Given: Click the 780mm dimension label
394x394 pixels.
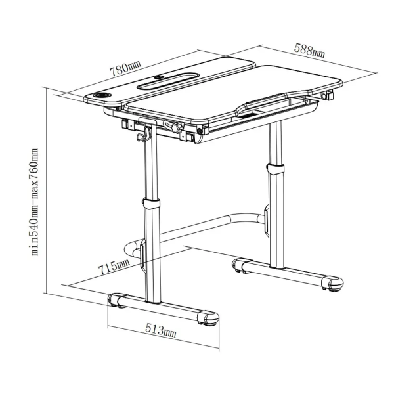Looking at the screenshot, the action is click(125, 68).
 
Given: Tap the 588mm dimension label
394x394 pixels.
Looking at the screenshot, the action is click(309, 51).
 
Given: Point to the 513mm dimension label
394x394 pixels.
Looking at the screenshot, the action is click(161, 330).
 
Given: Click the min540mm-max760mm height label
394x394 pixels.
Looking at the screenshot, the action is click(34, 202).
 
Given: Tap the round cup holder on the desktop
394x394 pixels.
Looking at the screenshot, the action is click(102, 95).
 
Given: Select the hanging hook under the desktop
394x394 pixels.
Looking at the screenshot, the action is click(144, 135).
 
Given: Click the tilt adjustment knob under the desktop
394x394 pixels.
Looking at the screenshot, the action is click(177, 126).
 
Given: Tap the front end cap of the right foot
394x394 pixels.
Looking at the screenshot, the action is click(333, 284).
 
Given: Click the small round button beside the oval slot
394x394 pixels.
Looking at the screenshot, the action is click(158, 77).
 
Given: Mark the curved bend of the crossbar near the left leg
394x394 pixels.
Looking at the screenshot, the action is click(132, 249).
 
